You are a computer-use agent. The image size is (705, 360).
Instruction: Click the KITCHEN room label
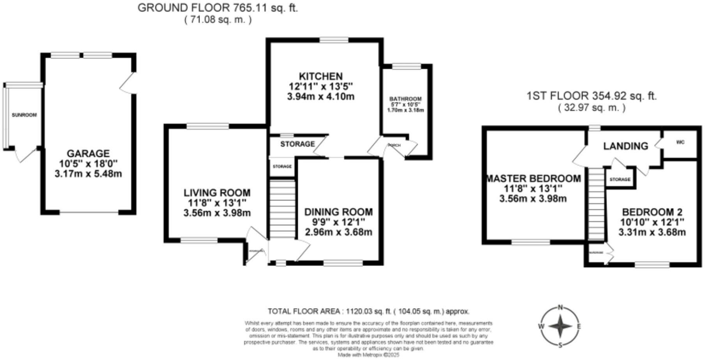[321, 76]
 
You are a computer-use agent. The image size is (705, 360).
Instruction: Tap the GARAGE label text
[88, 154]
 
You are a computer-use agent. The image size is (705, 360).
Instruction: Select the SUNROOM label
[24, 115]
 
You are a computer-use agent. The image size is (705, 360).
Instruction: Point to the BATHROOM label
[406, 99]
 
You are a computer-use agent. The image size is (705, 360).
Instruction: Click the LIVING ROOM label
[217, 193]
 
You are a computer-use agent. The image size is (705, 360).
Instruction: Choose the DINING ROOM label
[338, 212]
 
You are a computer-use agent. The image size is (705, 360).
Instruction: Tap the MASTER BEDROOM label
[533, 179]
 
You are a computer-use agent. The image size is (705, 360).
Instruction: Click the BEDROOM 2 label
[652, 212]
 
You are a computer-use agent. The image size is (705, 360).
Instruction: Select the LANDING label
[625, 146]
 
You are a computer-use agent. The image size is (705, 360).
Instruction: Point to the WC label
[680, 142]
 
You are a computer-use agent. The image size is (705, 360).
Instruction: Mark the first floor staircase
[595, 203]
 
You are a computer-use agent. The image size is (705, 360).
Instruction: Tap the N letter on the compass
[560, 307]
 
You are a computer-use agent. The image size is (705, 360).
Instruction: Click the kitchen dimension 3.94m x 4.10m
[321, 96]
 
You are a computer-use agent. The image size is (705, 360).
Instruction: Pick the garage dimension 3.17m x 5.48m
[88, 174]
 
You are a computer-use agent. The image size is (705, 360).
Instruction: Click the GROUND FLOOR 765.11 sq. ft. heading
[218, 8]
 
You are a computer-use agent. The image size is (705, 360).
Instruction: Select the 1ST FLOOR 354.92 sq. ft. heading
[592, 96]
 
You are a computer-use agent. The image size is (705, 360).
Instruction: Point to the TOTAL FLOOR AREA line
[368, 311]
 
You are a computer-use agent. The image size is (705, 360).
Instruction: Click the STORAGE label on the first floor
[620, 179]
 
